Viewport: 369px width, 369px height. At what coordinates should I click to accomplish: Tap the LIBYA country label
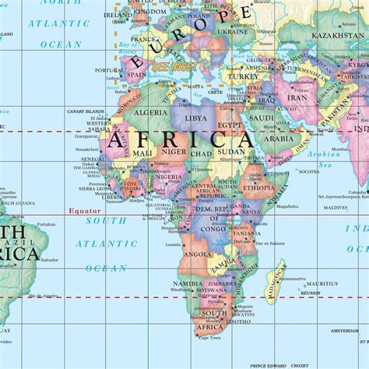pyautogui.click(x=195, y=118)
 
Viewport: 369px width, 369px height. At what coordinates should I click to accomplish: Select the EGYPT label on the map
pyautogui.click(x=229, y=125)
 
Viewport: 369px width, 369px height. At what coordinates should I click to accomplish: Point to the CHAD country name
pyautogui.click(x=201, y=154)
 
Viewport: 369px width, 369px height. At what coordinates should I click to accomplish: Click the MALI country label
pyautogui.click(x=142, y=153)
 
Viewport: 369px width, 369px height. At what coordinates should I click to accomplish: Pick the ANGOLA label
pyautogui.click(x=197, y=254)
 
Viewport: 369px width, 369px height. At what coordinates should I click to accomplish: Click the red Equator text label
pyautogui.click(x=84, y=211)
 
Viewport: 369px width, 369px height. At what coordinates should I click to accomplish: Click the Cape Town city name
pyautogui.click(x=209, y=338)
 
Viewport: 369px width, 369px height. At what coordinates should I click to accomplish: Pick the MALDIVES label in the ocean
pyautogui.click(x=336, y=208)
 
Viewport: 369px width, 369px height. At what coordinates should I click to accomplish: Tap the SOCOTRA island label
pyautogui.click(x=308, y=170)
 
